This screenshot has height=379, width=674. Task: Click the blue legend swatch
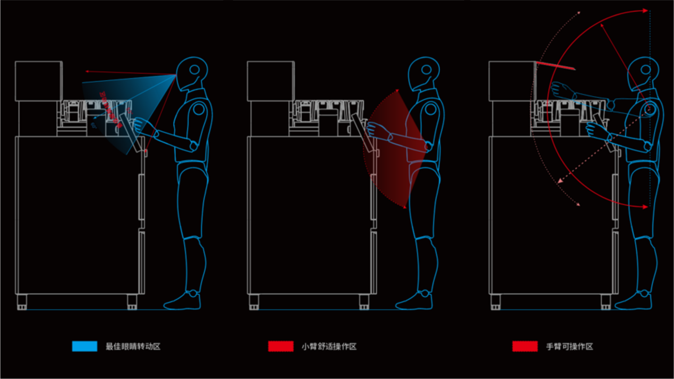[x=84, y=346]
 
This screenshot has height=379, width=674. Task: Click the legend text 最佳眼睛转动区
[x=133, y=347]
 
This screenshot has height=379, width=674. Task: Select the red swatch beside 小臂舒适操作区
[x=280, y=346]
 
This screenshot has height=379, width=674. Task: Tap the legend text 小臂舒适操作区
[x=329, y=347]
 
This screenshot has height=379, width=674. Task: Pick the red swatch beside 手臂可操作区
[x=525, y=346]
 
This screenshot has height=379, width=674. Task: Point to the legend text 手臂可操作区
[x=569, y=347]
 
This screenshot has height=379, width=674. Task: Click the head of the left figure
[x=192, y=73]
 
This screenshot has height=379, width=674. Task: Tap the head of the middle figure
[x=424, y=73]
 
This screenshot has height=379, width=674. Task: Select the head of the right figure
[x=643, y=73]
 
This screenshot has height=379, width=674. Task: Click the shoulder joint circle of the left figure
[x=199, y=109]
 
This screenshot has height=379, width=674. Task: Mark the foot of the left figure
[x=183, y=302]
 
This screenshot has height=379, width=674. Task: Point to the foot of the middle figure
[x=415, y=302]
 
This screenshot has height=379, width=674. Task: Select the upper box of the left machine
[x=39, y=81]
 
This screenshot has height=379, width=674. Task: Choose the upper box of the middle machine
[x=270, y=81]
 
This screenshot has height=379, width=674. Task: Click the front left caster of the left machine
[x=22, y=302]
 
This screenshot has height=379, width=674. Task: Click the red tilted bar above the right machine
[x=556, y=65]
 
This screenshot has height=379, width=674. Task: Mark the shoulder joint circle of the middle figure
[x=431, y=109]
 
